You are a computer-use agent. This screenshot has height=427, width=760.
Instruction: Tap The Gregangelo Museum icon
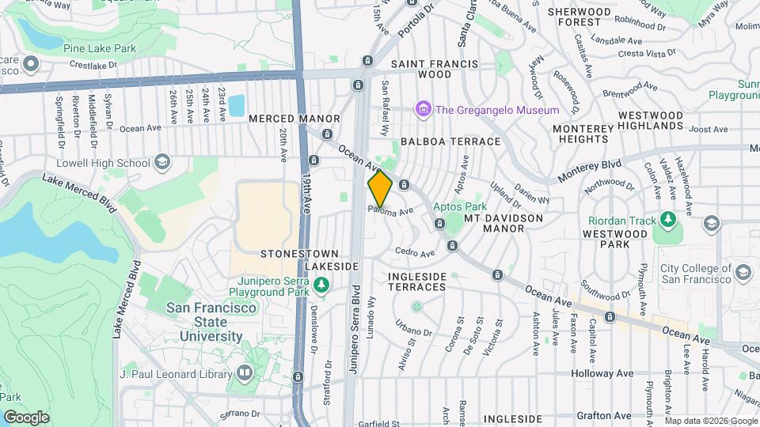(x=424, y=110)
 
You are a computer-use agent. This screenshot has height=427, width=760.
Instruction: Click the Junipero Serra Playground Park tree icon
(x=321, y=284)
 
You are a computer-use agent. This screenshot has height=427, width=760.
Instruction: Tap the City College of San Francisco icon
(x=743, y=273)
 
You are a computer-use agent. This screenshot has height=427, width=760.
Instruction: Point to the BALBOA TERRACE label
(x=450, y=142)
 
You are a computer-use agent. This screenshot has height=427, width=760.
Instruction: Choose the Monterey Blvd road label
(x=590, y=166)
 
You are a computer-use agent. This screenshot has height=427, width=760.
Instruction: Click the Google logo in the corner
(x=26, y=417)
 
